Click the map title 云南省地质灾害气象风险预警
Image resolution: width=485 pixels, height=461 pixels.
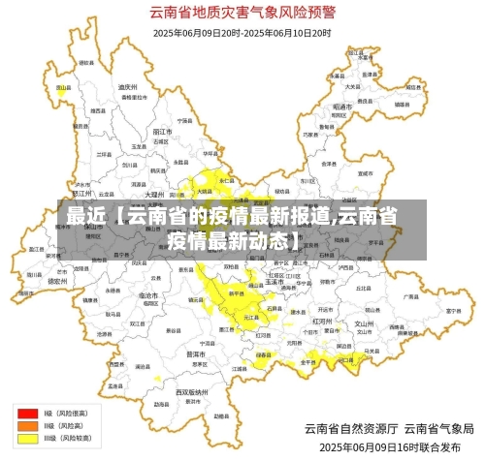click(x=242, y=14)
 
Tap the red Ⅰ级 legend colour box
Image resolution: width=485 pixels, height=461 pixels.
click(x=27, y=413)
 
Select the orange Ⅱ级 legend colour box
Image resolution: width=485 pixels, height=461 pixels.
click(x=27, y=425)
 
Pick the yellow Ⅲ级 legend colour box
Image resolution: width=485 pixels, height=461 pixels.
click(x=27, y=438)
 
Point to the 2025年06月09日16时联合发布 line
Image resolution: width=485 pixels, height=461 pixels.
click(x=397, y=447)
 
